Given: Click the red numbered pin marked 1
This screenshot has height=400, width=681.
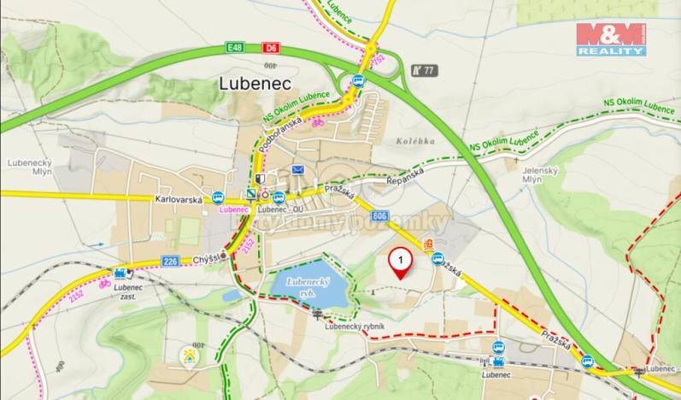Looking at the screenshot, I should (400, 262).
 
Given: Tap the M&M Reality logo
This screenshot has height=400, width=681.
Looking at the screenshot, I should (610, 39).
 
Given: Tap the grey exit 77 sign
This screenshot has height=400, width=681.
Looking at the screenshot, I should (423, 70).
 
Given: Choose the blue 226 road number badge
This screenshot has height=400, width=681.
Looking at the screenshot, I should (171, 262).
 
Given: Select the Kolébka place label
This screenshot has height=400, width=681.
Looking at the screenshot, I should (416, 140).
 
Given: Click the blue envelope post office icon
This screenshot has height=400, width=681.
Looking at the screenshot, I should (298, 170).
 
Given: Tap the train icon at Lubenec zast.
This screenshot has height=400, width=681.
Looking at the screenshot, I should (121, 274).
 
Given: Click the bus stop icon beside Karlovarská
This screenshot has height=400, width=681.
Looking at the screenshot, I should (218, 196).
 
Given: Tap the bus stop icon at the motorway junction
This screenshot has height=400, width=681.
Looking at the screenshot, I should (359, 80).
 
